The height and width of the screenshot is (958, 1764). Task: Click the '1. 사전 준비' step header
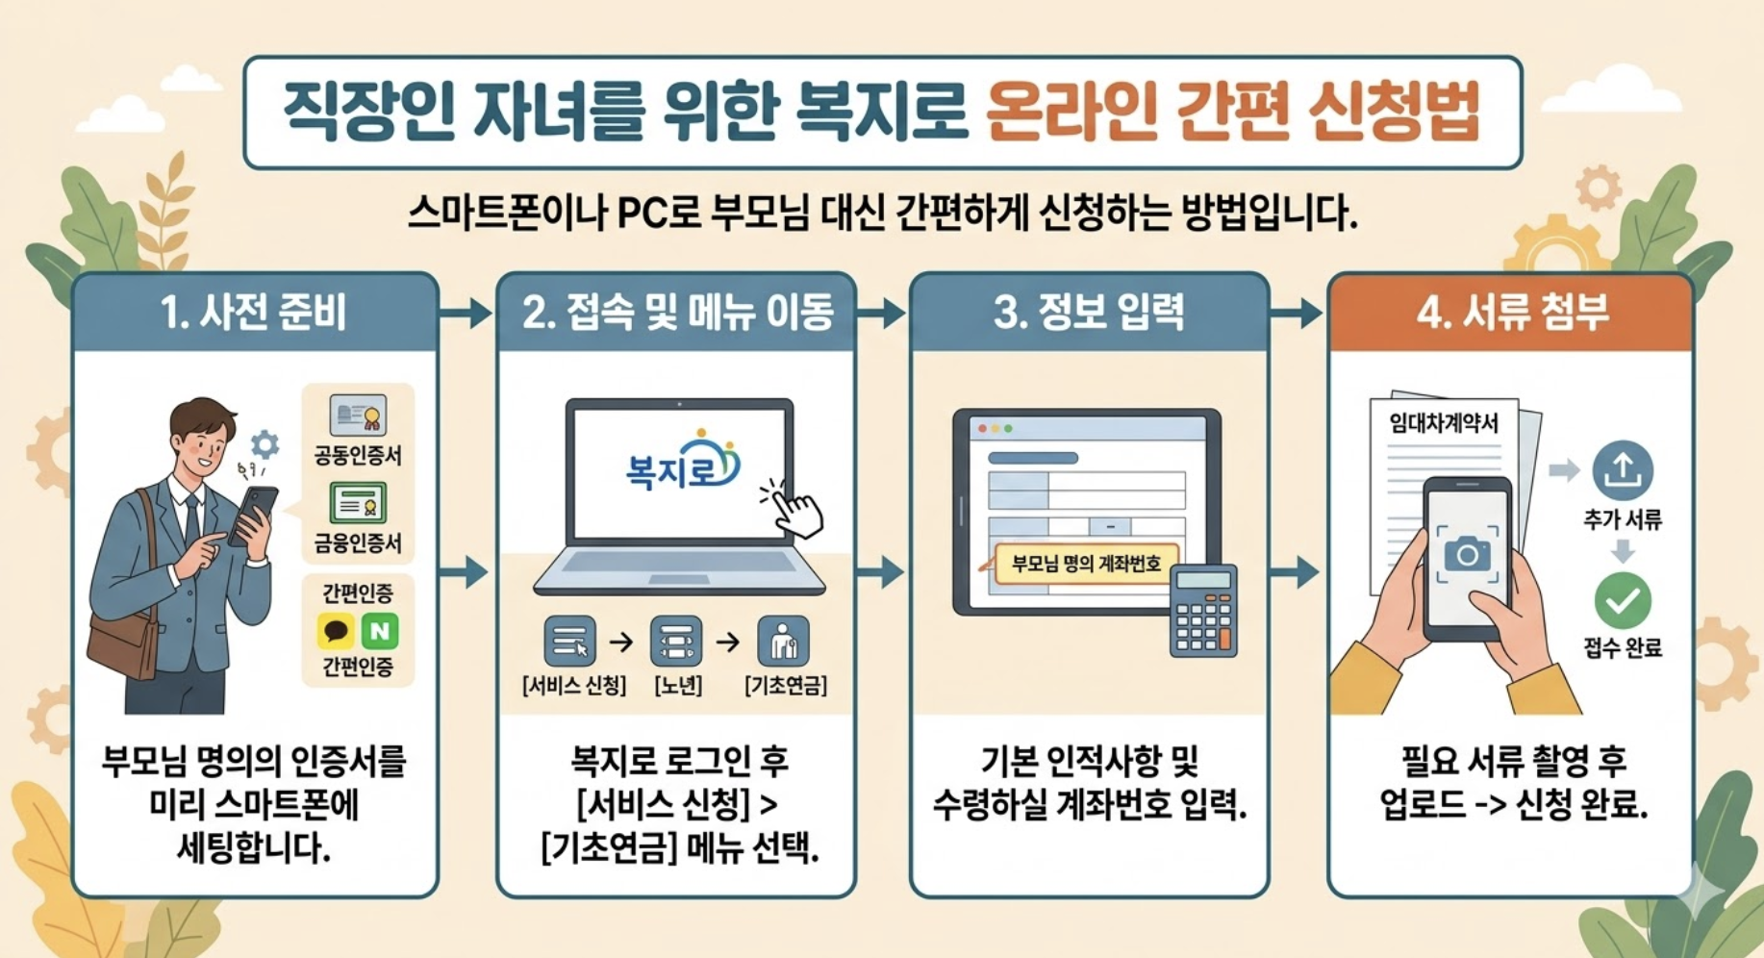coord(254,313)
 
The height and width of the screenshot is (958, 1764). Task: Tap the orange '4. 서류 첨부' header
coord(1510,313)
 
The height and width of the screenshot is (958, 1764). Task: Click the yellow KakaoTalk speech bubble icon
coord(336,631)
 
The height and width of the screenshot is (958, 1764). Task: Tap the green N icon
coord(380,631)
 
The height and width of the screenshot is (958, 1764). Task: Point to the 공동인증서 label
coord(357,455)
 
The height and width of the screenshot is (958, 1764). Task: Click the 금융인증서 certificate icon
coord(358,503)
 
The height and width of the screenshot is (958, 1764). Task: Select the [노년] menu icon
coord(676,642)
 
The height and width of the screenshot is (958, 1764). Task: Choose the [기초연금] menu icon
coord(783,642)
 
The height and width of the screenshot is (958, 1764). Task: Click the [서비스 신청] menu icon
coord(569,642)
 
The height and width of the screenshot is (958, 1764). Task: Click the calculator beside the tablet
coord(1203,611)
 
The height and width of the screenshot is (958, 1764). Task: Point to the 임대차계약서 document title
coord(1443,423)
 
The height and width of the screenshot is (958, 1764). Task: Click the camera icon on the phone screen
coord(1467,554)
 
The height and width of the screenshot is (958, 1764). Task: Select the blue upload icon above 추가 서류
coord(1623,470)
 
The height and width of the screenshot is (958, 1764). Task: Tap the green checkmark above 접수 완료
coord(1623,600)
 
